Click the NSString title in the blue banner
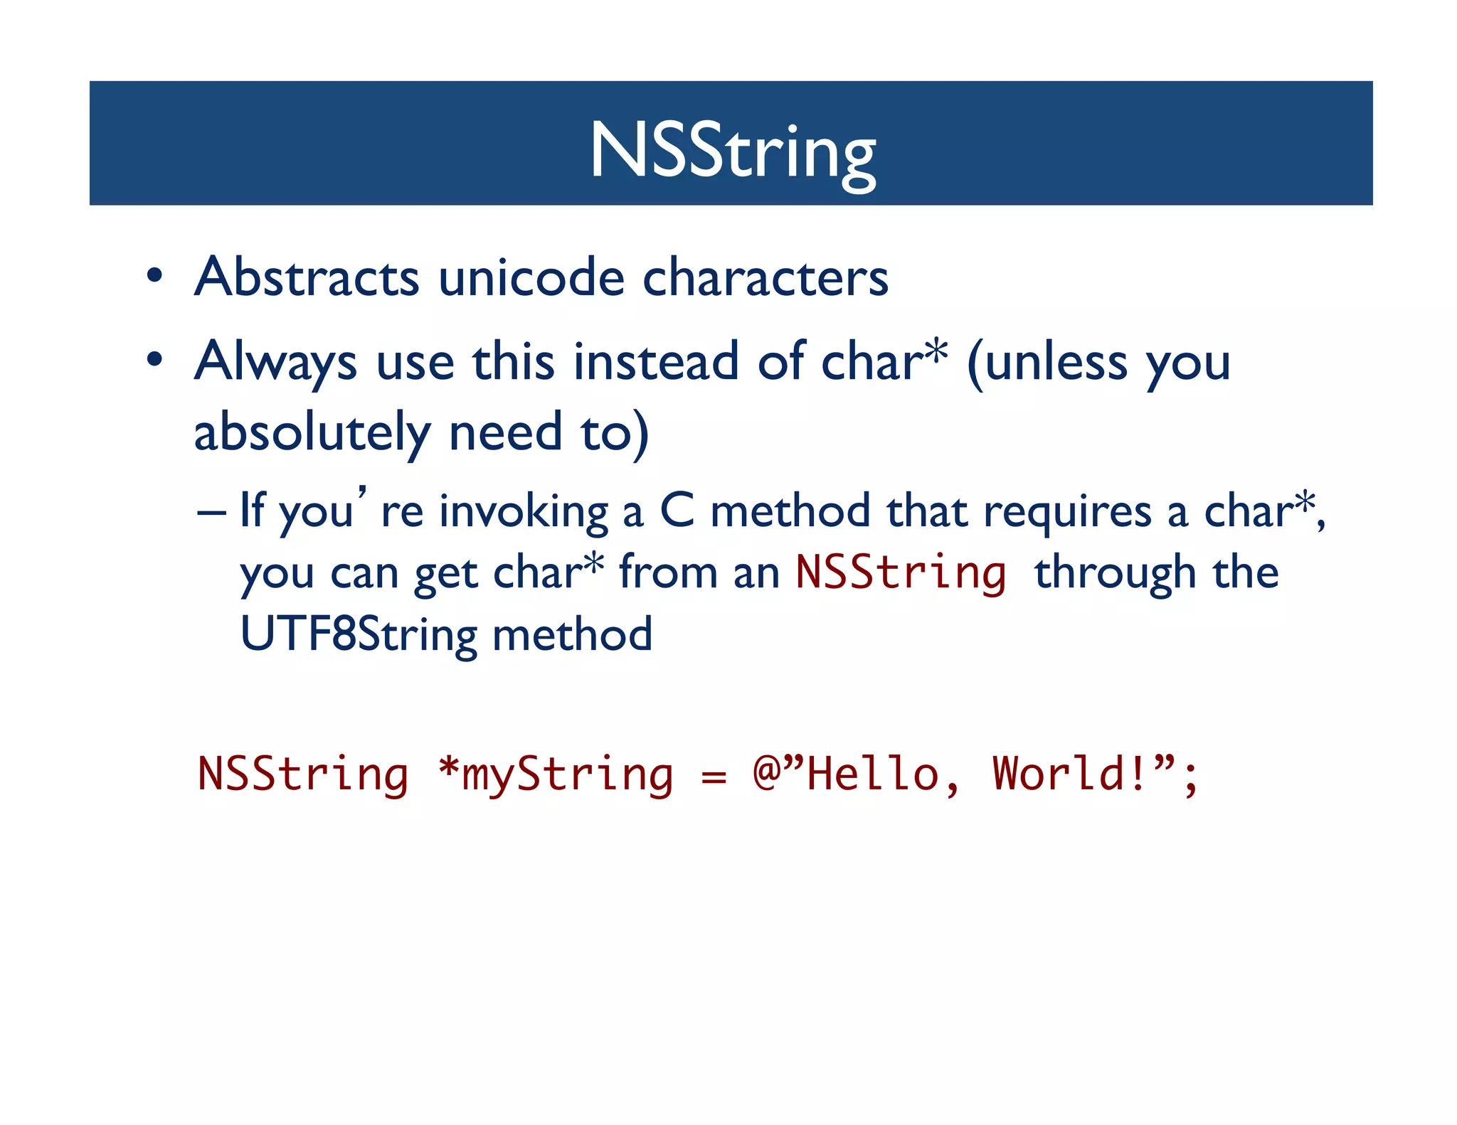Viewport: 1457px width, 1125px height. [732, 151]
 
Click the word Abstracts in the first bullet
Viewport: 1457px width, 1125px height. [307, 277]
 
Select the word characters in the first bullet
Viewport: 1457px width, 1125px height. [765, 277]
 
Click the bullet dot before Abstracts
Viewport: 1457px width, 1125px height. [154, 276]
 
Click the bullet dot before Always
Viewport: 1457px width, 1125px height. [154, 360]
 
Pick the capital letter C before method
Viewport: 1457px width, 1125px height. [677, 511]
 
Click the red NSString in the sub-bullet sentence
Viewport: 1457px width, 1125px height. [901, 573]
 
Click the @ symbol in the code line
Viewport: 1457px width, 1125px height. [767, 774]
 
